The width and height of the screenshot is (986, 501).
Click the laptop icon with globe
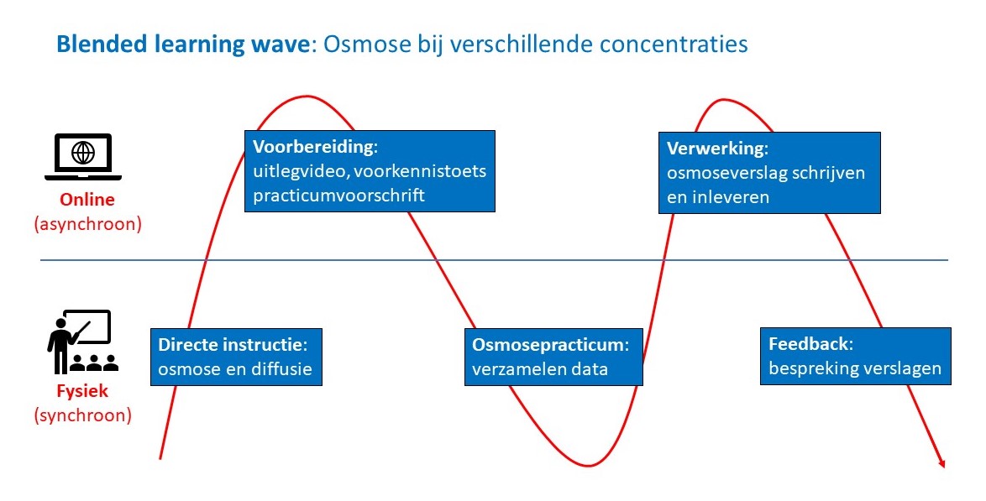[x=82, y=157]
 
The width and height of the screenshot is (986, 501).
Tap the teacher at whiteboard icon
[x=81, y=342]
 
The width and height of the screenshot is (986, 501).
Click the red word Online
[x=87, y=201]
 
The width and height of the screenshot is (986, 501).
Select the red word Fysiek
[x=82, y=391]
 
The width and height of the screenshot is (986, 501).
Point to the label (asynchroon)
[x=87, y=224]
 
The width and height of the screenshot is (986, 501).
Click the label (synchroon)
[x=82, y=415]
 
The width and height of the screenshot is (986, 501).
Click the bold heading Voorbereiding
[x=314, y=147]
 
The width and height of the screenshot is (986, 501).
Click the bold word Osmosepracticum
[x=548, y=345]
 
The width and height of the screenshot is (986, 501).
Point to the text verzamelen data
[x=539, y=369]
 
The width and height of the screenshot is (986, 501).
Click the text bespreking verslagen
[x=855, y=368]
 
